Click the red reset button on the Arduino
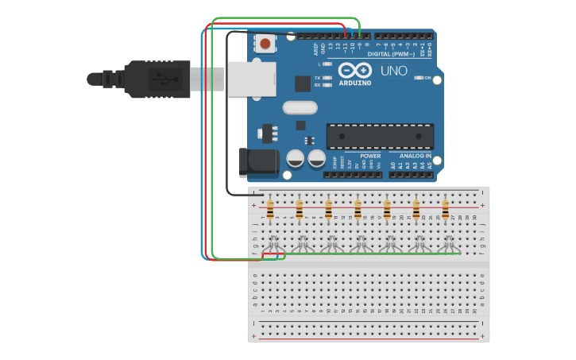click(x=265, y=43)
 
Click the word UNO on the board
click(x=393, y=71)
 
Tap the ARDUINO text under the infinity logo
click(x=355, y=83)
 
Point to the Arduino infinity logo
click(x=355, y=70)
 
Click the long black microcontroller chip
click(x=380, y=136)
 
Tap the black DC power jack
click(x=257, y=162)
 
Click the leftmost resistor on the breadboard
click(x=270, y=211)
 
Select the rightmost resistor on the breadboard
click(x=446, y=211)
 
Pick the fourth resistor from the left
click(x=358, y=211)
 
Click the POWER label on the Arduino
click(x=370, y=156)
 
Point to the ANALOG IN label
click(x=416, y=156)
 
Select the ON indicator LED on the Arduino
click(x=419, y=78)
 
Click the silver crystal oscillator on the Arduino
click(x=300, y=107)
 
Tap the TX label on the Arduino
click(x=317, y=78)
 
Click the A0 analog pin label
click(x=392, y=165)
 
